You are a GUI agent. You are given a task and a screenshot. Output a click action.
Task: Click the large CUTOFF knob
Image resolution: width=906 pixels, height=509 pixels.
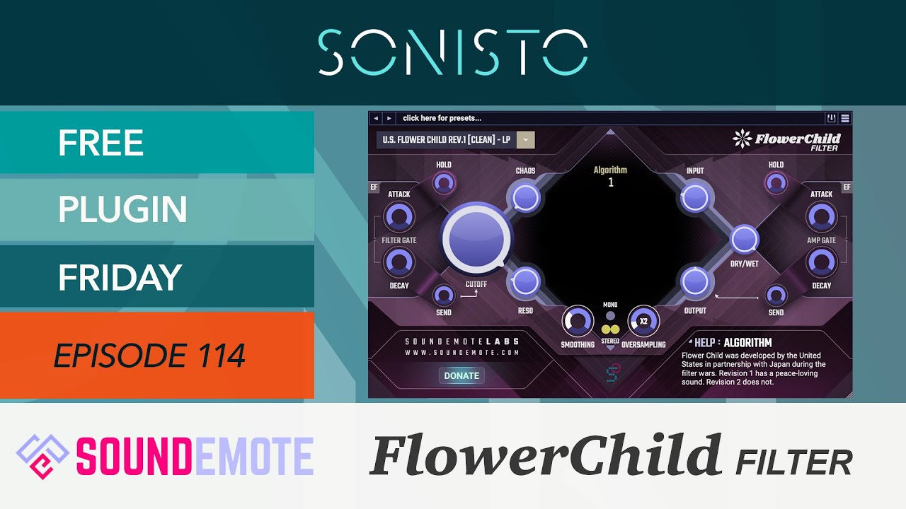pyautogui.click(x=476, y=239)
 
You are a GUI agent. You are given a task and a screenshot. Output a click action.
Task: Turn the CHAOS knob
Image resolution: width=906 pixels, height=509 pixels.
pyautogui.click(x=526, y=198)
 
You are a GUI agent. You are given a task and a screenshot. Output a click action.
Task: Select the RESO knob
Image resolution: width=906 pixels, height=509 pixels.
pyautogui.click(x=525, y=281)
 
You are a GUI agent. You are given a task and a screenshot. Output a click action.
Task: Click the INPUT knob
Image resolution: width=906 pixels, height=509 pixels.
pyautogui.click(x=695, y=198)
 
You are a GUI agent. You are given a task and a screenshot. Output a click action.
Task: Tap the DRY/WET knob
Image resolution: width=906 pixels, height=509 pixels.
pyautogui.click(x=744, y=240)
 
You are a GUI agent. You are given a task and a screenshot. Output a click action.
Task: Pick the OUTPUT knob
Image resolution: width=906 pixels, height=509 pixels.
pyautogui.click(x=695, y=281)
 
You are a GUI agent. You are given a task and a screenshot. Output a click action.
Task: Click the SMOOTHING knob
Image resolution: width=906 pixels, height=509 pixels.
pyautogui.click(x=578, y=321)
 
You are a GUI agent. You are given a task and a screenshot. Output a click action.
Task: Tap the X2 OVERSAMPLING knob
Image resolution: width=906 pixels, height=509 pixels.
pyautogui.click(x=643, y=321)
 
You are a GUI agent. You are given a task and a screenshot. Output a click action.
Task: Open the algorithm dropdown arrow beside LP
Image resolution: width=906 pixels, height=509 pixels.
pyautogui.click(x=526, y=140)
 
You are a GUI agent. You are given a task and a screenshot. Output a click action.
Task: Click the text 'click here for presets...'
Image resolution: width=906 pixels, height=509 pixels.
pyautogui.click(x=442, y=118)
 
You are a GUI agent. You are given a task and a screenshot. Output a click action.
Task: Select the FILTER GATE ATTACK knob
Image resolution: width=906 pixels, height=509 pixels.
pyautogui.click(x=398, y=217)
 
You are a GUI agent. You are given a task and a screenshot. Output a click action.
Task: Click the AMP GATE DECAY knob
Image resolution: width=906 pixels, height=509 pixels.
pyautogui.click(x=822, y=263)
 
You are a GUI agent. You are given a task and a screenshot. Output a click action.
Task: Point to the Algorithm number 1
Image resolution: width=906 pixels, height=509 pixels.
pyautogui.click(x=611, y=182)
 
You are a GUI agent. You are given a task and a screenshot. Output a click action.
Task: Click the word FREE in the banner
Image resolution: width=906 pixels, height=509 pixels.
pyautogui.click(x=101, y=144)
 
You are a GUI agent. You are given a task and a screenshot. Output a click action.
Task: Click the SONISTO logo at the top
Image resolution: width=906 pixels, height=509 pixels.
pyautogui.click(x=453, y=52)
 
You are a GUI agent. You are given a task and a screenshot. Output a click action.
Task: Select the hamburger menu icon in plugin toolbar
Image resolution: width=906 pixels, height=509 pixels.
pyautogui.click(x=845, y=118)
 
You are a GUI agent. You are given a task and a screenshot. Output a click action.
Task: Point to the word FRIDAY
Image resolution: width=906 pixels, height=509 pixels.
pyautogui.click(x=120, y=278)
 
